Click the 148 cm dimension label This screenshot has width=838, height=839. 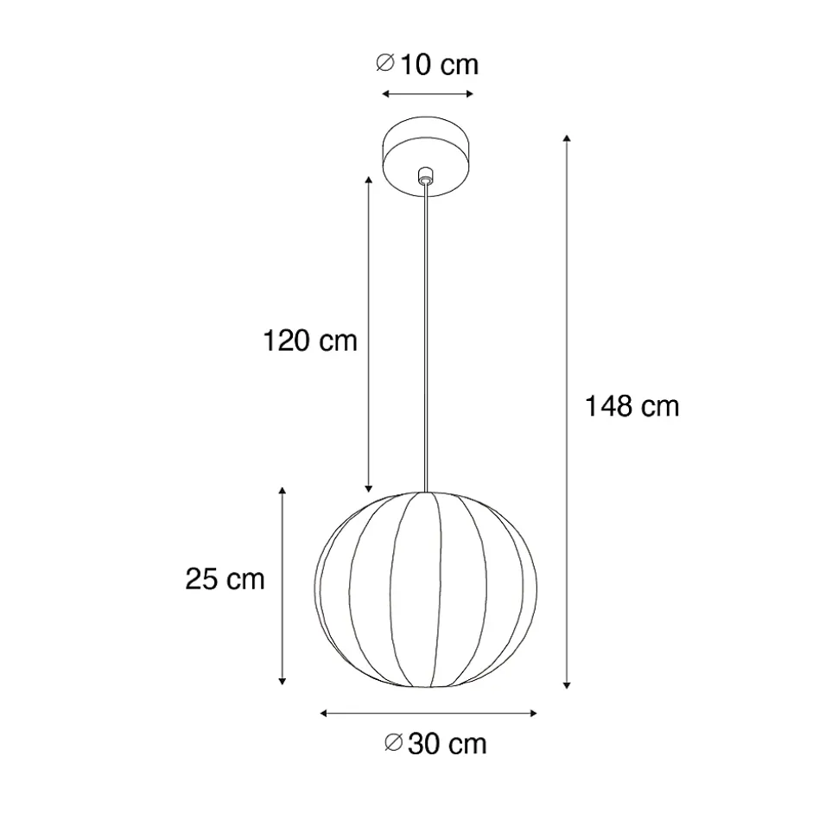pos(632,406)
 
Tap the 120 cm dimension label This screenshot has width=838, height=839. pos(310,340)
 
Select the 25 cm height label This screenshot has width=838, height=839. pos(225,579)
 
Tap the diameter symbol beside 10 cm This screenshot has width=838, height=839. pos(385,62)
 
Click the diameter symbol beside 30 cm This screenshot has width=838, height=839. pos(393,742)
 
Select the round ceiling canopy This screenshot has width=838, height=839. pos(427,156)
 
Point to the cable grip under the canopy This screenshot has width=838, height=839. pos(426,175)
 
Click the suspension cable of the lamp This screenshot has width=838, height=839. pos(426,337)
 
